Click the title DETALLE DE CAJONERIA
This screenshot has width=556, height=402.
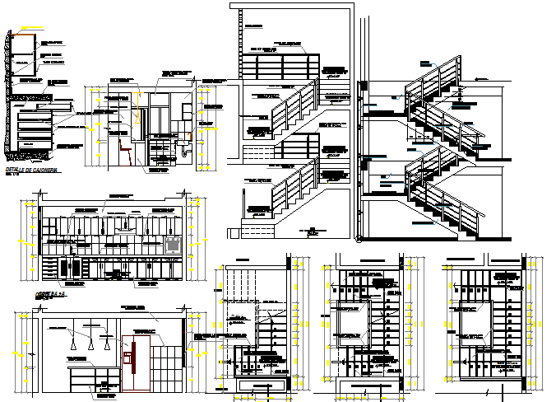[30, 169]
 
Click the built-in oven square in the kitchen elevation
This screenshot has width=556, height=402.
[173, 245]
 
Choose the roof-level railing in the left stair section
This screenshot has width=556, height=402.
[280, 66]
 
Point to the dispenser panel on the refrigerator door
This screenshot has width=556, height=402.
[127, 358]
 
